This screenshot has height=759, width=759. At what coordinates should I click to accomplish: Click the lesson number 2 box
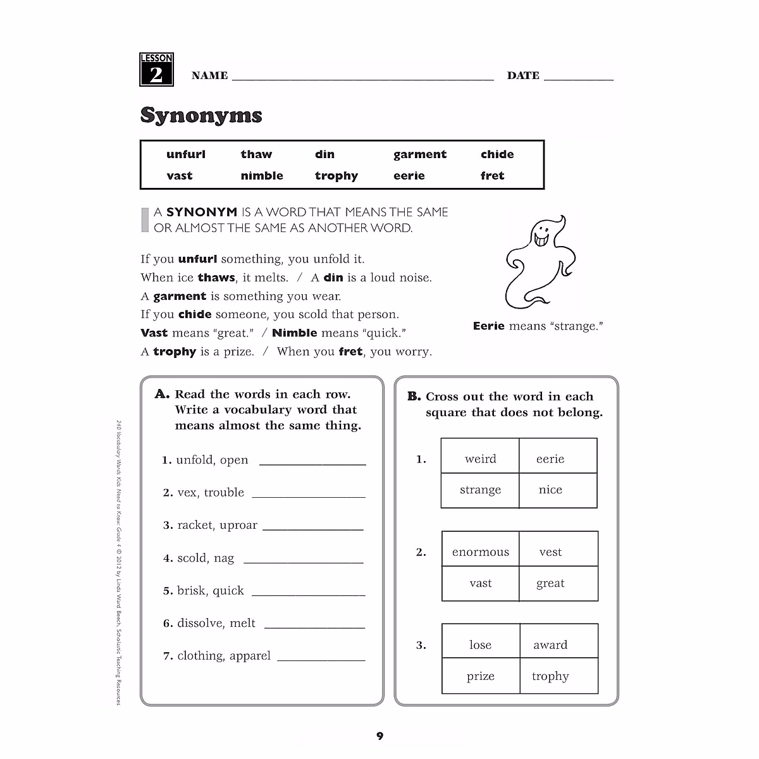[x=156, y=70]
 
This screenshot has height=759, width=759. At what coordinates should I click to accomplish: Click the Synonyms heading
[x=201, y=115]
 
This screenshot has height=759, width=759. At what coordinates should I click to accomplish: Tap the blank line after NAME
[x=362, y=77]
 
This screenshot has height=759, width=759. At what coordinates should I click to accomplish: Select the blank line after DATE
[x=578, y=77]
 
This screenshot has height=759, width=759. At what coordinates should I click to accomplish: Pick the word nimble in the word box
[x=262, y=176]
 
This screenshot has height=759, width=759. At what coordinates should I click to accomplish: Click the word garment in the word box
[x=419, y=154]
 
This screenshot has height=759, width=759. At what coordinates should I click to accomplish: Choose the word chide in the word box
[x=497, y=154]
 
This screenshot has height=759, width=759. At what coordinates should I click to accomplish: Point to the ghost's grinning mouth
[x=542, y=240]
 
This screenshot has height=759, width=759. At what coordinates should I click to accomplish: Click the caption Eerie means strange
[x=538, y=326]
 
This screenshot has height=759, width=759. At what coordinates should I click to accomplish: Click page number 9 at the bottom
[x=379, y=736]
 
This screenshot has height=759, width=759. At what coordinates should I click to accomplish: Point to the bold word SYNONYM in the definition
[x=201, y=213]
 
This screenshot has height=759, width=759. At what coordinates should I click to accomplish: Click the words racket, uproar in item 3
[x=217, y=525]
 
